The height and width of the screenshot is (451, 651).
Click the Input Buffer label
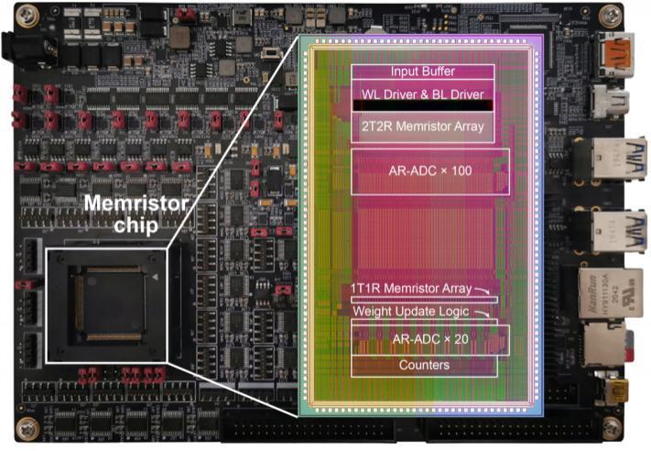(x=422, y=71)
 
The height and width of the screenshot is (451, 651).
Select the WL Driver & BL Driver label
(x=423, y=93)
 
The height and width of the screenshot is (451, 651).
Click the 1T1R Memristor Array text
(x=411, y=289)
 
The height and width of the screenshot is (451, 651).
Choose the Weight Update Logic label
(x=411, y=312)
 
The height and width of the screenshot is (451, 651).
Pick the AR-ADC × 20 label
(x=423, y=338)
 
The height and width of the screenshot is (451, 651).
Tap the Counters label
(x=423, y=365)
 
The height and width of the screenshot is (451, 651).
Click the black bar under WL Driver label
(x=423, y=106)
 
